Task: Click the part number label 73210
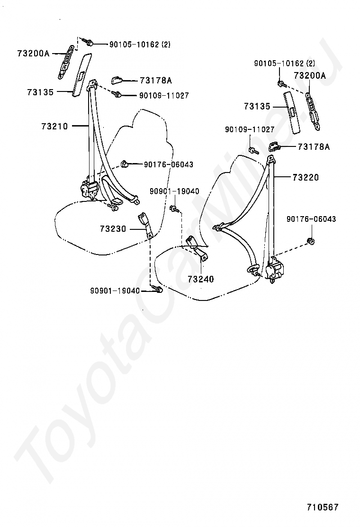54,127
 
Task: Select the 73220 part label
306,178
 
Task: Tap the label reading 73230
113,229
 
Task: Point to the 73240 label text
201,279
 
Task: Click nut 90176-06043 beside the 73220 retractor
311,242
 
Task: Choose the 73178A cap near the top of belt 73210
118,80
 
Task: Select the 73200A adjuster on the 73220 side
314,109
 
